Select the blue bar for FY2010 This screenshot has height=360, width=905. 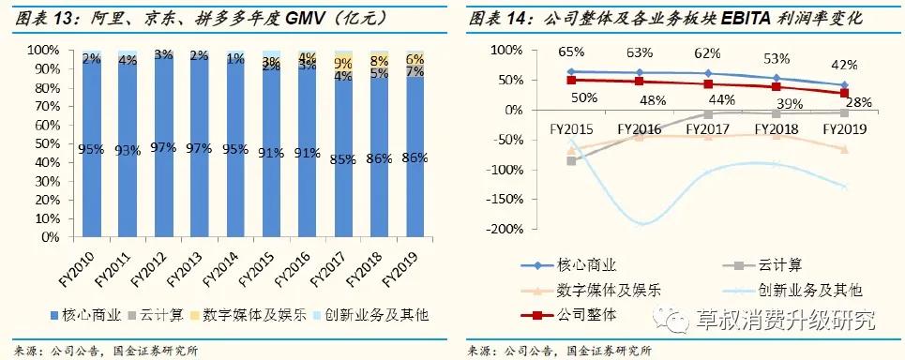91,150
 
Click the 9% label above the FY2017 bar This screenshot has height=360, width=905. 344,64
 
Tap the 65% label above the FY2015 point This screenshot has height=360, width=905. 570,52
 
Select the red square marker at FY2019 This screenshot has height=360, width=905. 844,93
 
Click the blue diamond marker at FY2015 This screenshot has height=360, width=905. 570,71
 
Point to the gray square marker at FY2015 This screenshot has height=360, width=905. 570,160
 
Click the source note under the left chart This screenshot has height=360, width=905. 105,350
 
